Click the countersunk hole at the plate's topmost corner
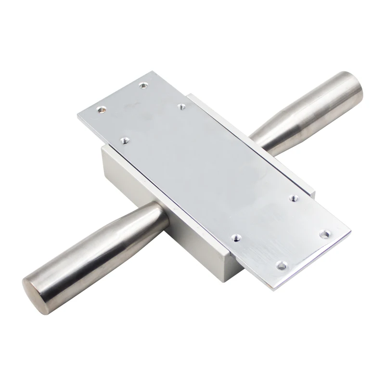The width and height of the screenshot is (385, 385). point(142,85)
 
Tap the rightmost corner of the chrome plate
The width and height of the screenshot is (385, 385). point(351,231)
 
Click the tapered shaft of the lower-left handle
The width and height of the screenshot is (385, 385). point(106,245)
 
